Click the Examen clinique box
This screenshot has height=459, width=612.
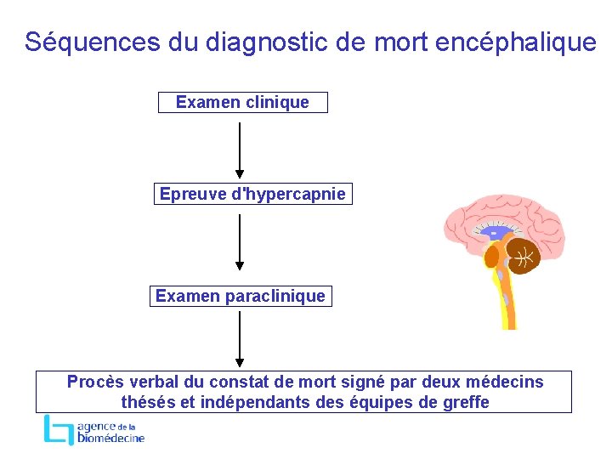[242, 103]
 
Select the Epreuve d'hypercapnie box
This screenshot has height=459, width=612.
[252, 194]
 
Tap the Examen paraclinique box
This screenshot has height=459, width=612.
[241, 296]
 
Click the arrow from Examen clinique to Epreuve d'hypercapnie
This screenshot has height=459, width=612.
[240, 149]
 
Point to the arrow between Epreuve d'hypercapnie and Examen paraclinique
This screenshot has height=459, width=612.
[240, 241]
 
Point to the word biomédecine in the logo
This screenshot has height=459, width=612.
[110, 438]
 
